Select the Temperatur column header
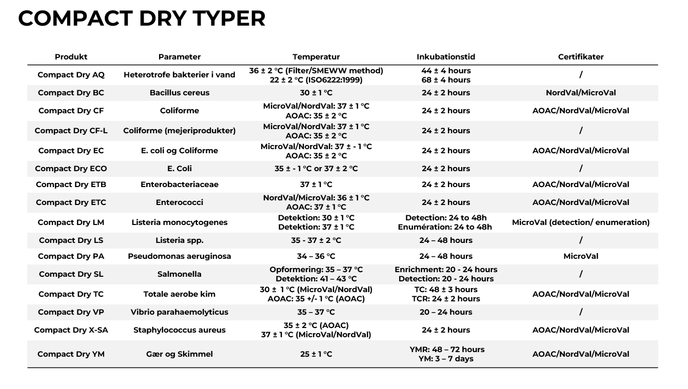[x=316, y=57]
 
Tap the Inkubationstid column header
[x=446, y=57]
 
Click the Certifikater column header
[x=581, y=57]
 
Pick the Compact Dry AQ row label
[x=71, y=75]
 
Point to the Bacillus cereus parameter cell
[x=180, y=93]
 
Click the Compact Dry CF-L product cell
[x=71, y=131]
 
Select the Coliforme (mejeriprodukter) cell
[x=180, y=131]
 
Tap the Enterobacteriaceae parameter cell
[x=180, y=185]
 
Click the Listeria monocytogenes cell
[x=180, y=222]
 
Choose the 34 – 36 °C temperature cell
[x=316, y=256]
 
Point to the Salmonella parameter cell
[x=180, y=274]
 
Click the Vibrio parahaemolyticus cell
[x=180, y=312]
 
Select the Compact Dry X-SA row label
[x=71, y=330]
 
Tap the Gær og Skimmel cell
[x=180, y=354]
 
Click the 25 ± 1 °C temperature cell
[x=316, y=354]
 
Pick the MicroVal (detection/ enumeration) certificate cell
[x=581, y=222]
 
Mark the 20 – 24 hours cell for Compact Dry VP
[x=446, y=312]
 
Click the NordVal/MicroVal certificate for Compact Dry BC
[x=581, y=93]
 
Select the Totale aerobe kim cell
[x=180, y=294]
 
